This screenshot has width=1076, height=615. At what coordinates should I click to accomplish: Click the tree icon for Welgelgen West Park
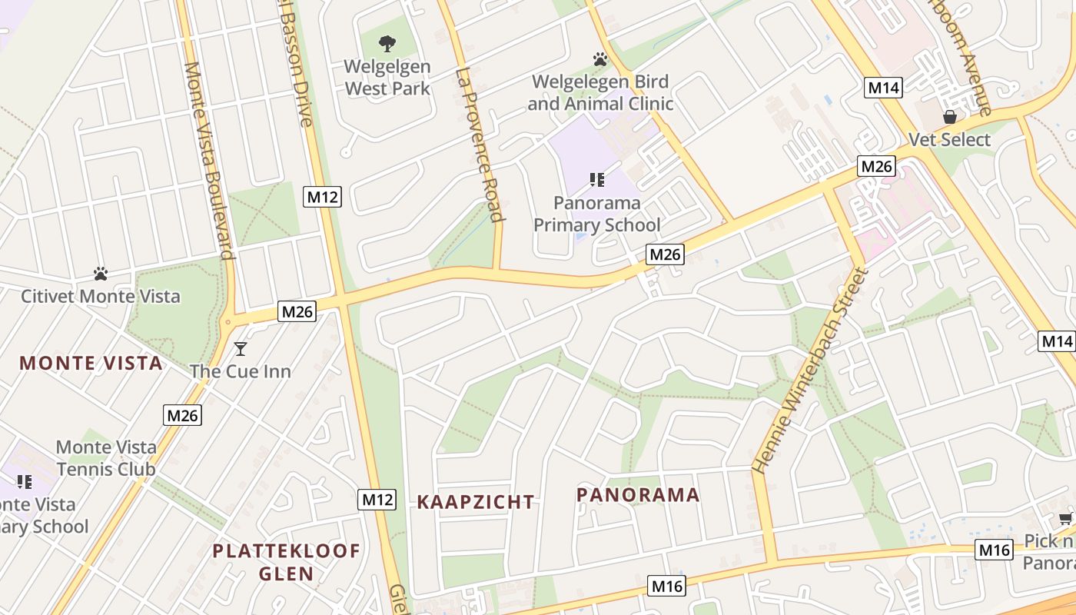(x=387, y=44)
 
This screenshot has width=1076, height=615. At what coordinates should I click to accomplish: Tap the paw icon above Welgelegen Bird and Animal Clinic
(x=600, y=59)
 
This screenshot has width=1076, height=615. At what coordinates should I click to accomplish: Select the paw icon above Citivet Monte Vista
(x=100, y=274)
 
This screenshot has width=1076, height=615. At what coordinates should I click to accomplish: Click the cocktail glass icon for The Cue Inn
(x=241, y=349)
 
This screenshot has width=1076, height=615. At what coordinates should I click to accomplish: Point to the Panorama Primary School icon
(x=596, y=180)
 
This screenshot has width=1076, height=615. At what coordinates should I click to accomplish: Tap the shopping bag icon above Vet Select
(x=950, y=117)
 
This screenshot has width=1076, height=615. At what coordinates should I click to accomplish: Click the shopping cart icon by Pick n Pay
(x=1065, y=518)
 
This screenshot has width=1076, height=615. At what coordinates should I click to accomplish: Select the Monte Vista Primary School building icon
(x=25, y=482)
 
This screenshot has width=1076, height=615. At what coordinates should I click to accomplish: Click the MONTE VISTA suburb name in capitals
(x=91, y=364)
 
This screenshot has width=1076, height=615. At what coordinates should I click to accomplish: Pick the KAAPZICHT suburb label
(x=476, y=502)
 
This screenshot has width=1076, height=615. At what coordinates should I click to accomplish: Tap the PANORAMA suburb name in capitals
(x=638, y=495)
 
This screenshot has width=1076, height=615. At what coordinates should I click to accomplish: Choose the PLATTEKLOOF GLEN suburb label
(x=286, y=562)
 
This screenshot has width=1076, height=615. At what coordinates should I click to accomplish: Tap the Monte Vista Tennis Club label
(x=106, y=458)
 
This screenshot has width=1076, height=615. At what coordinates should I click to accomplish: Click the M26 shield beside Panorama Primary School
(x=664, y=254)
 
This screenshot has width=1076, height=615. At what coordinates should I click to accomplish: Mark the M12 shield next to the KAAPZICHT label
(x=377, y=500)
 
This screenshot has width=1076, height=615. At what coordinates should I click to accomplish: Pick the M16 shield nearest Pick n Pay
(x=995, y=550)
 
